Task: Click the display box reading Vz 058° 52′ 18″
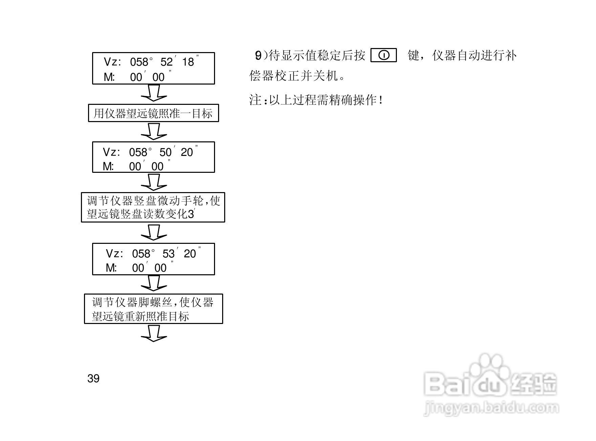tap(153, 68)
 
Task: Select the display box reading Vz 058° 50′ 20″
tap(153, 157)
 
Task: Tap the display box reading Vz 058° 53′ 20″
tap(153, 259)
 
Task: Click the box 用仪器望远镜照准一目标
tap(153, 113)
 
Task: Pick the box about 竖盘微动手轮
tap(153, 207)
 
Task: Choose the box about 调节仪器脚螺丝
tap(153, 309)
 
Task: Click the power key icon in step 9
tap(384, 55)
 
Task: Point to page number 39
tap(93, 378)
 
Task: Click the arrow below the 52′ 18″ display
tap(154, 93)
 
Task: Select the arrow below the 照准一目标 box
tap(154, 131)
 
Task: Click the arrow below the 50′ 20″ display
tap(154, 182)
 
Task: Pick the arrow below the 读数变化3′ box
tap(154, 232)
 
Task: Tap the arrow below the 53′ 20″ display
tap(154, 283)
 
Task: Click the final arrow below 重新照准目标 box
tap(154, 333)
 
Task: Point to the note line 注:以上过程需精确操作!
tap(316, 100)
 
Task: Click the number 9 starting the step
tap(258, 55)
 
